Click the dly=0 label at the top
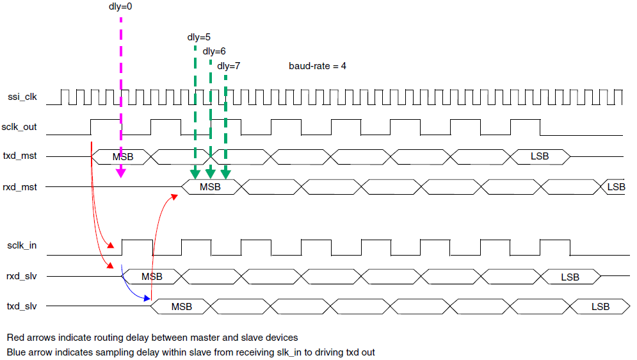point(120,8)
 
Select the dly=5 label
point(198,37)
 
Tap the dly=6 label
point(214,51)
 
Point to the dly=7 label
point(229,65)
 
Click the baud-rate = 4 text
point(318,65)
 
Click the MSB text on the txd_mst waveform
point(123,157)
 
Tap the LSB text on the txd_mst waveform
point(540,157)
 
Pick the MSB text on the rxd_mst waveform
point(210,187)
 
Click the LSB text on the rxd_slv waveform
point(570,277)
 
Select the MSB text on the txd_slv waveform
point(182,307)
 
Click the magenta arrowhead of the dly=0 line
point(120,173)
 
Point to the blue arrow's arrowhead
point(149,298)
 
